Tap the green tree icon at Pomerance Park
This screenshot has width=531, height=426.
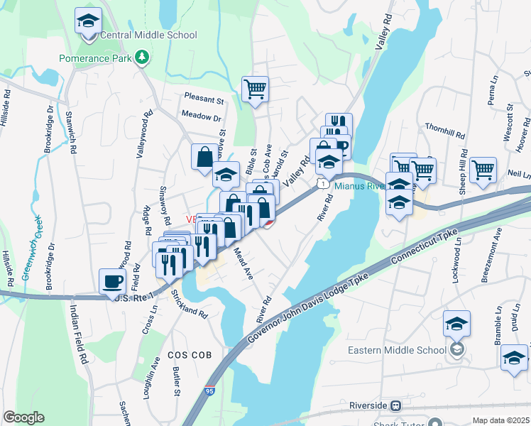142,57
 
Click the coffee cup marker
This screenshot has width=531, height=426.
113,282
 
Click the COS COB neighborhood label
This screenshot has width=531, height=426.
187,353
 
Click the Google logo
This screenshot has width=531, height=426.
23,417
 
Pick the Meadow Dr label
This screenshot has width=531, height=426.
202,117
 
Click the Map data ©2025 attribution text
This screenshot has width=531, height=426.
501,420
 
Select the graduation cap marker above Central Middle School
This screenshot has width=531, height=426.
88,21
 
